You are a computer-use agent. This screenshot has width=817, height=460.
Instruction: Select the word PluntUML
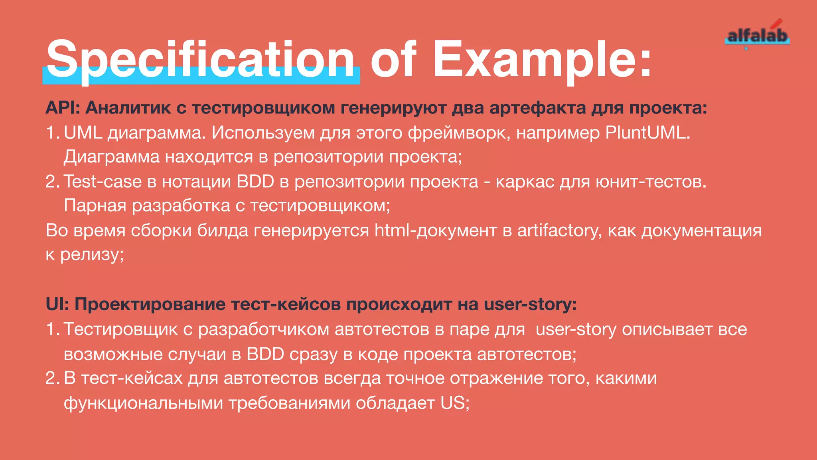click(647, 133)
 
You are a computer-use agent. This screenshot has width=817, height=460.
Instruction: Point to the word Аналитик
click(128, 108)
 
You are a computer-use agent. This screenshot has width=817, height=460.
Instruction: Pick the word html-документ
click(435, 230)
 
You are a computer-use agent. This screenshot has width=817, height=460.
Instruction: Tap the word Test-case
click(103, 182)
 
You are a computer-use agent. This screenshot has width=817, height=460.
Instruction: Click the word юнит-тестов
click(651, 182)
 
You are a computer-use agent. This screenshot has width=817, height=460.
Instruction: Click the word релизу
click(91, 255)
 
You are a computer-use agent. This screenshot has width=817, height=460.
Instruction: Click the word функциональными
click(143, 403)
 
